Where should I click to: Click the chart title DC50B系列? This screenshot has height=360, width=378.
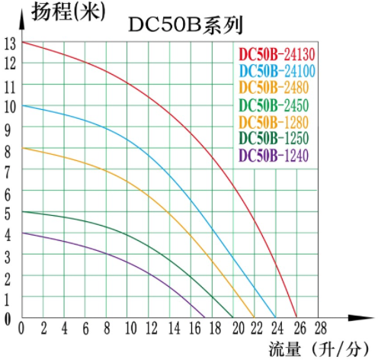point(185,25)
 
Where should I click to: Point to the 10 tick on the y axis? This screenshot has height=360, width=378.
point(8,107)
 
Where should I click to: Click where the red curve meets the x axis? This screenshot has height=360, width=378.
point(296,317)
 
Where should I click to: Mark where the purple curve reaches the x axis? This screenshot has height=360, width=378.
point(207,317)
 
